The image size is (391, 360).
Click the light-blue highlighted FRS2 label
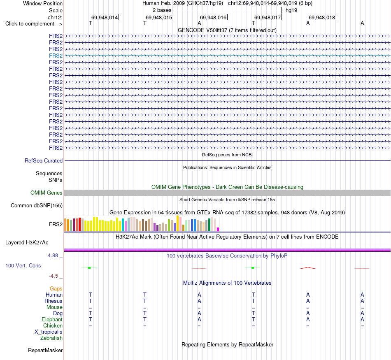click(x=56, y=56)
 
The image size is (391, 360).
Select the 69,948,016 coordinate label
click(x=213, y=17)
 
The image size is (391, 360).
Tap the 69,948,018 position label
click(x=322, y=17)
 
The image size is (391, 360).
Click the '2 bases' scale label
click(x=162, y=10)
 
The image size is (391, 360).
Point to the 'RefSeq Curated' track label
click(x=44, y=160)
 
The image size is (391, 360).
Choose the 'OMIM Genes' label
click(x=47, y=193)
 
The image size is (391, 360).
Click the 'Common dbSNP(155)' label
click(x=37, y=205)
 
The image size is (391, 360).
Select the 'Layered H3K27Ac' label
click(x=27, y=243)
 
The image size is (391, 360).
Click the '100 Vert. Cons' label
click(x=23, y=265)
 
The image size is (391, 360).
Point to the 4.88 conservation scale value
click(x=53, y=255)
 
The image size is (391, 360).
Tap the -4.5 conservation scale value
click(x=54, y=276)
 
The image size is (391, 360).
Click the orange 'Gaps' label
click(x=56, y=288)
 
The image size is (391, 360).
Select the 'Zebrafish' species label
click(x=51, y=338)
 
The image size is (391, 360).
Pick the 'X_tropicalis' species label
click(x=49, y=332)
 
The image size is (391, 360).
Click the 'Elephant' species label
click(x=52, y=319)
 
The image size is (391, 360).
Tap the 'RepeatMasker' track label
click(x=45, y=350)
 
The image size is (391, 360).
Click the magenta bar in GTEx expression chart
click(x=218, y=229)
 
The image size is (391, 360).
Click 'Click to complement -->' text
click(x=34, y=24)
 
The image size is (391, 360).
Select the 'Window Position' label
click(x=43, y=3)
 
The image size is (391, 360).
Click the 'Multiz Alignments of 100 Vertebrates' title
click(x=227, y=283)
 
